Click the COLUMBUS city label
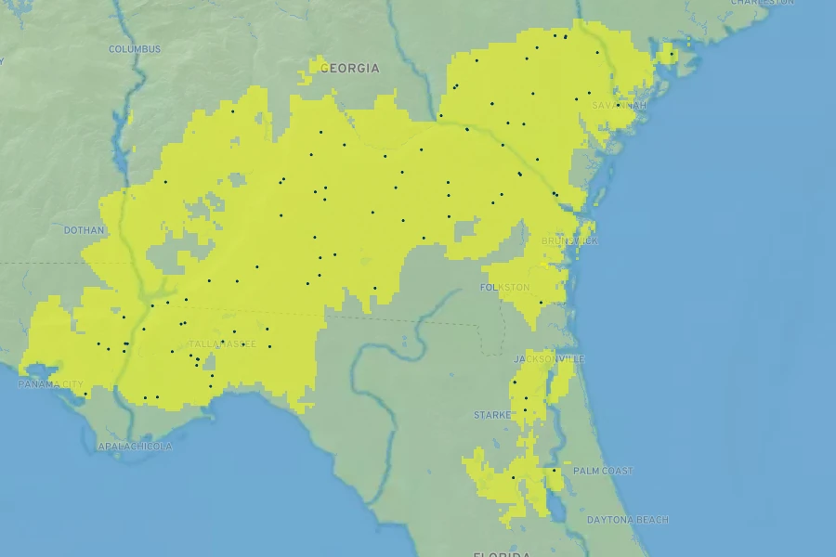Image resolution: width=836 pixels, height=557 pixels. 135,49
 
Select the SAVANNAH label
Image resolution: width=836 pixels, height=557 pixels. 619,106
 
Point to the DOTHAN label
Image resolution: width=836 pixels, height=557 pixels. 85,230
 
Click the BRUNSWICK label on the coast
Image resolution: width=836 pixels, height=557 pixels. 570,241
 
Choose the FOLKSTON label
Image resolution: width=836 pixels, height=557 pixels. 504,288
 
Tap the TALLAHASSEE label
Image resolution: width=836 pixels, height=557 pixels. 222,343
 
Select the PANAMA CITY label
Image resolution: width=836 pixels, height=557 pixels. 50,384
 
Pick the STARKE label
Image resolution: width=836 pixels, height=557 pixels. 492,415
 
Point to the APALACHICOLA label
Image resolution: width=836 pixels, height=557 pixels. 135,447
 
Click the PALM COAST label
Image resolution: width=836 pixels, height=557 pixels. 602,472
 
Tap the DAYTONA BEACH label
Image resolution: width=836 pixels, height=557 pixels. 627,520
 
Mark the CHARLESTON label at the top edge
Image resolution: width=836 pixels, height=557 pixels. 762,3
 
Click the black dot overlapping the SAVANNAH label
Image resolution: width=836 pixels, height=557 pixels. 589,93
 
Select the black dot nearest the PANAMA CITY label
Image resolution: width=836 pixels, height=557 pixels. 85,394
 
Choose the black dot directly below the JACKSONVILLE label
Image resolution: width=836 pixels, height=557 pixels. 541,369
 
